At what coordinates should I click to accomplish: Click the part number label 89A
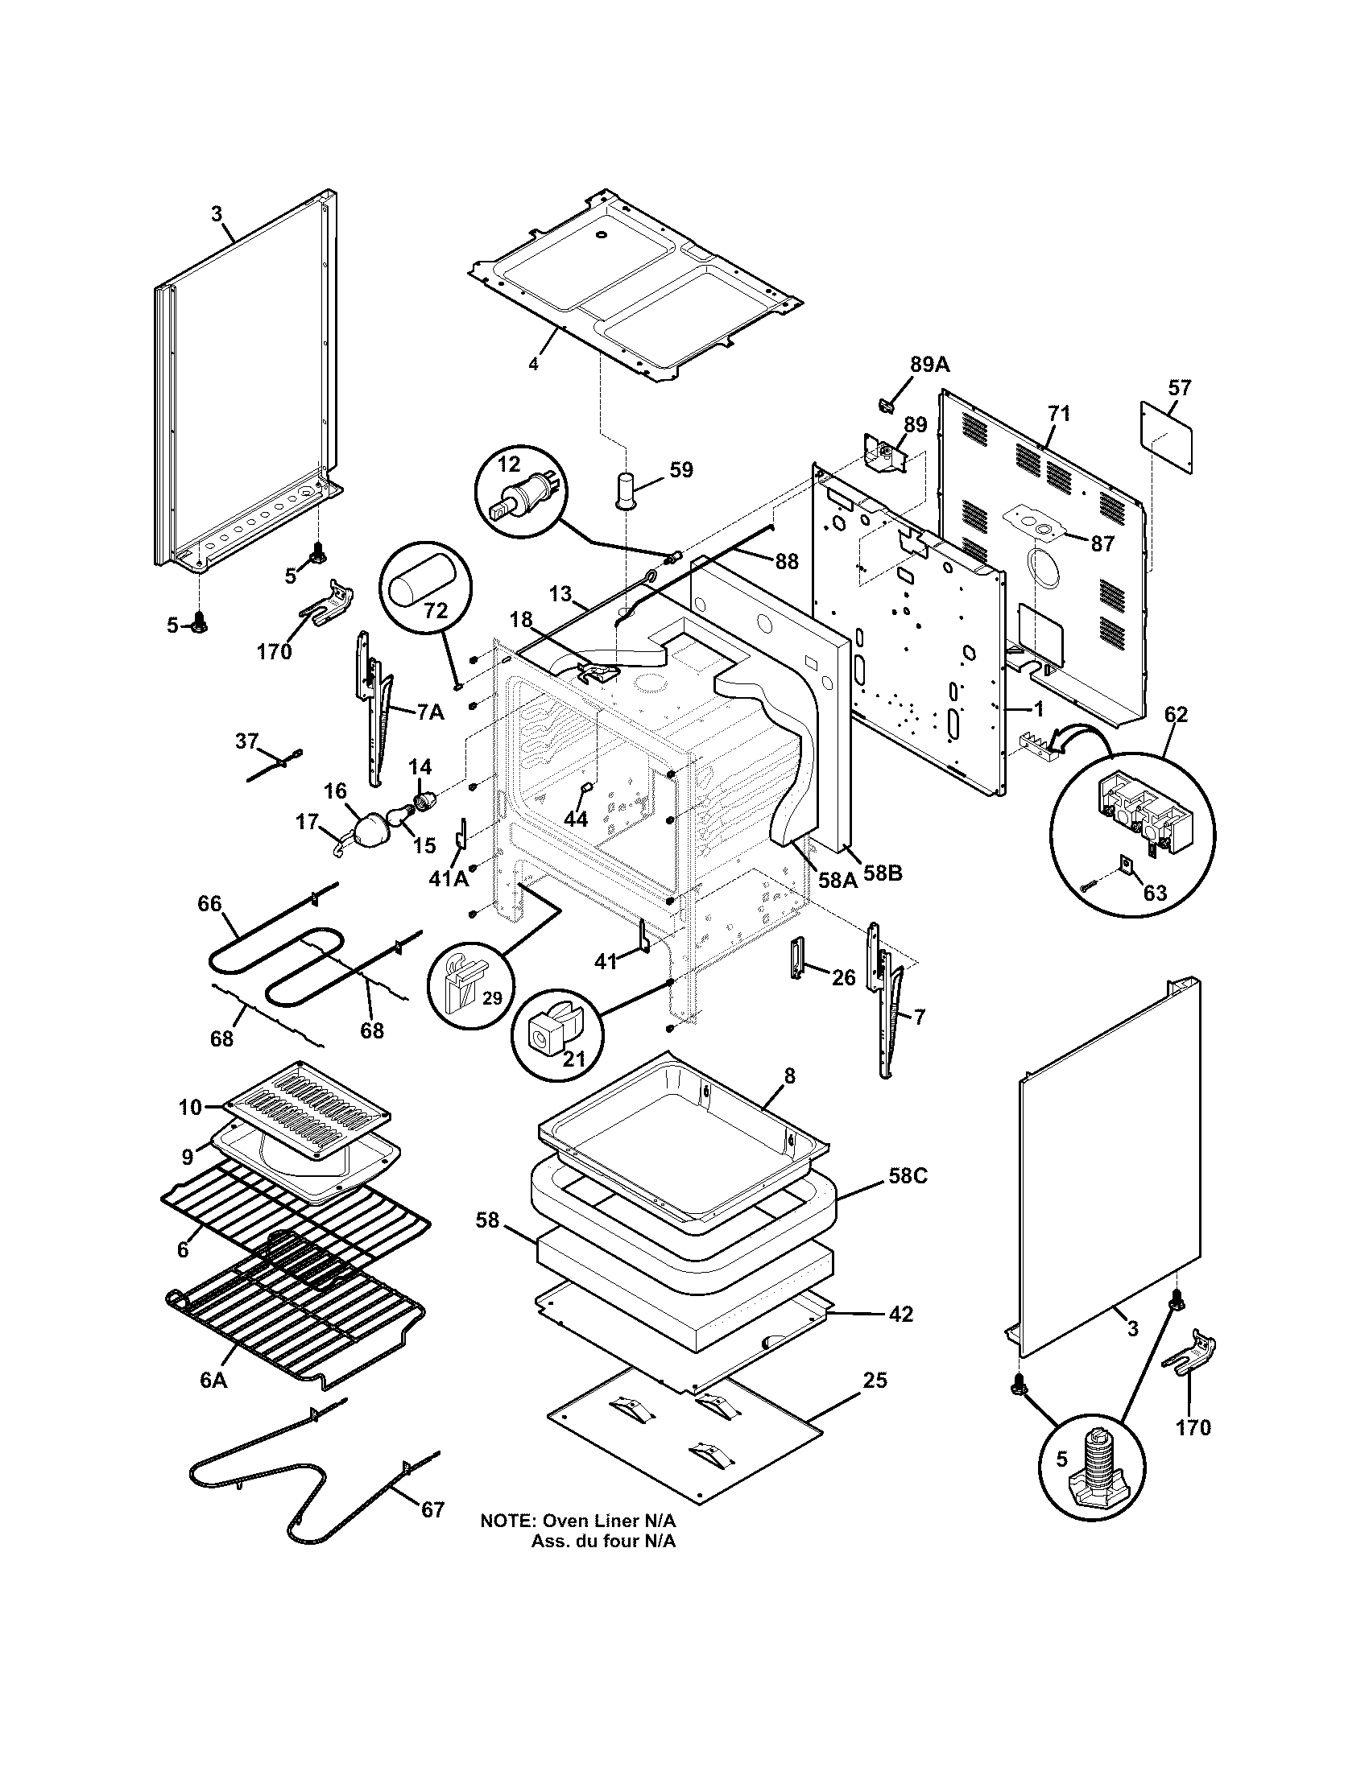[929, 365]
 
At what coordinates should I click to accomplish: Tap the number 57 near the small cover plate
[1179, 388]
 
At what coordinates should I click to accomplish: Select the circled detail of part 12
[520, 491]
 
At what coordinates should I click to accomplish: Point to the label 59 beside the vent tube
[681, 469]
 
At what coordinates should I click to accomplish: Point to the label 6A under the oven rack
[213, 1379]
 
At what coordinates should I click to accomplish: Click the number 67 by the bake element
[432, 1509]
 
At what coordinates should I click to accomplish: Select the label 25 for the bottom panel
[875, 1379]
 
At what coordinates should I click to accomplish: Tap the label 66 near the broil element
[209, 903]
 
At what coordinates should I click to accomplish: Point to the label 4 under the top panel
[533, 364]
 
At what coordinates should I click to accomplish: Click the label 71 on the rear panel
[1058, 414]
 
